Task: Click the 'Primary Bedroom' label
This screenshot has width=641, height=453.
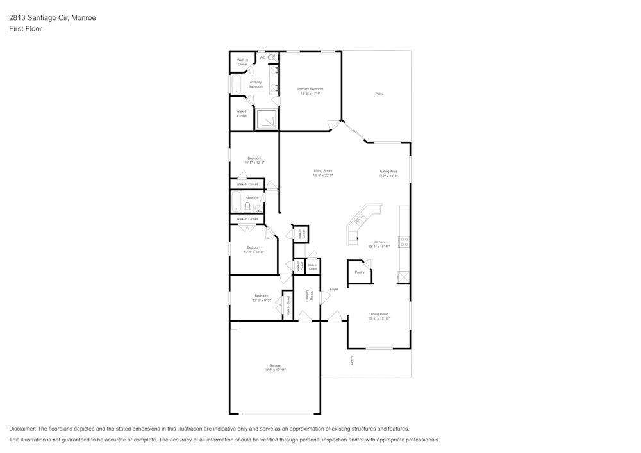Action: coord(310,89)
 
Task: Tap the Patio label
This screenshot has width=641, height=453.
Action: coord(379,94)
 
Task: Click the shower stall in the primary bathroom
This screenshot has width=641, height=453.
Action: coord(267,119)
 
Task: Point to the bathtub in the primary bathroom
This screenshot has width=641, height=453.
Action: coord(235,85)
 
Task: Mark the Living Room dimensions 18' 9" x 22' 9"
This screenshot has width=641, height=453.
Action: coord(323,176)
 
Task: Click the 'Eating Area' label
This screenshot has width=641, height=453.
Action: coord(388,171)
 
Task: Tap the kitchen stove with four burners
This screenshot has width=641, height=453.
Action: coord(404,242)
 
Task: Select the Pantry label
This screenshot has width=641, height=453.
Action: coord(359,272)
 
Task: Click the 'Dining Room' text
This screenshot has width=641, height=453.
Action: coord(379,314)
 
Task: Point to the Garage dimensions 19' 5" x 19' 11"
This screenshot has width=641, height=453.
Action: coord(275,370)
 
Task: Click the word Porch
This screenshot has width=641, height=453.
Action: coord(352,361)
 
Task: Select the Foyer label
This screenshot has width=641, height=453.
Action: coord(334,290)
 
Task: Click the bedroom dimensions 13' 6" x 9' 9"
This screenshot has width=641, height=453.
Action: coord(262,300)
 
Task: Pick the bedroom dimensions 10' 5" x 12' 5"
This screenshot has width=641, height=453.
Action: coord(254,163)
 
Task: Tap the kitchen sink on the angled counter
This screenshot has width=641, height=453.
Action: coord(360,221)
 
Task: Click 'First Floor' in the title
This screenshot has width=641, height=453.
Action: coord(26,29)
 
